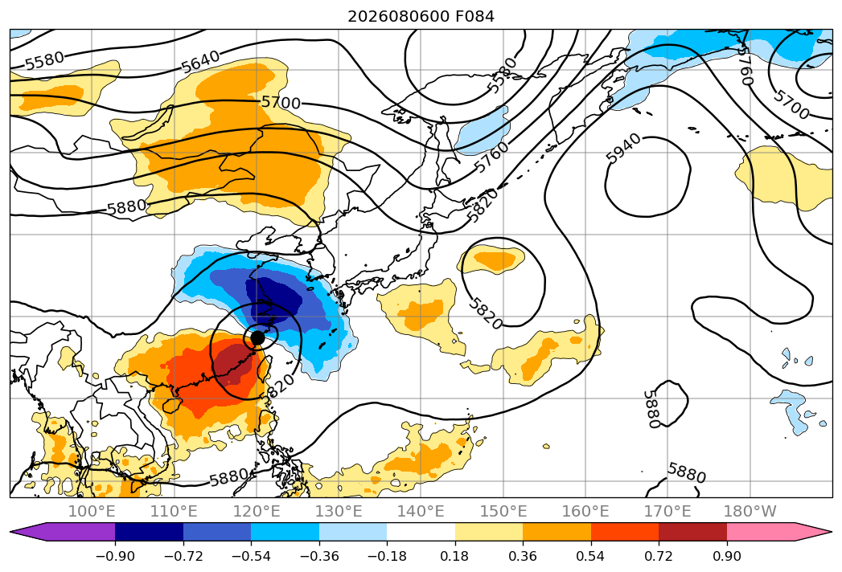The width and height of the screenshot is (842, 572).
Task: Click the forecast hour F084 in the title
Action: click(x=474, y=17)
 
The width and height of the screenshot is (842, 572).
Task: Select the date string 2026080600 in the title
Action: click(x=398, y=17)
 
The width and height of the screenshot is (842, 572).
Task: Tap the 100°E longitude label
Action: click(x=92, y=511)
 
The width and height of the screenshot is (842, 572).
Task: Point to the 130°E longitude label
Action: click(x=339, y=511)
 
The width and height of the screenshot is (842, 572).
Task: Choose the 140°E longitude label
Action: click(x=421, y=511)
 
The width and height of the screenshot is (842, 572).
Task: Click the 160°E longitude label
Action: click(x=585, y=511)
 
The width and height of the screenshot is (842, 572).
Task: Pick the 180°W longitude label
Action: click(x=750, y=511)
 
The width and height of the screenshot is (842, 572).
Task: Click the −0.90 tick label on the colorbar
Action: click(x=115, y=557)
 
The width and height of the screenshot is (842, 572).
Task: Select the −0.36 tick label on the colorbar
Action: click(x=319, y=557)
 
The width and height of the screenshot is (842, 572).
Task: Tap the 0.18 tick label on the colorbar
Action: click(x=455, y=557)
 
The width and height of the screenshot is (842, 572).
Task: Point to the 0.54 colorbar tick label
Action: click(x=591, y=557)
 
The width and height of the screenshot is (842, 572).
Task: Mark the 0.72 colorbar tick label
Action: click(x=659, y=557)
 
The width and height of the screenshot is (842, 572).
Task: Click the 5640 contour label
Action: click(x=200, y=62)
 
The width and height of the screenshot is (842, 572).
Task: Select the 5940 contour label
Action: click(x=623, y=148)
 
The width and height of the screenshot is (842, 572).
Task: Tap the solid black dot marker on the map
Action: click(x=258, y=338)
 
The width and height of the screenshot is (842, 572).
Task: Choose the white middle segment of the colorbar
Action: click(x=421, y=532)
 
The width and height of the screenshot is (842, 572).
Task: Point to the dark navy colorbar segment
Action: click(x=150, y=532)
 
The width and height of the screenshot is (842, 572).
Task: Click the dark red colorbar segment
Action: click(x=692, y=532)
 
